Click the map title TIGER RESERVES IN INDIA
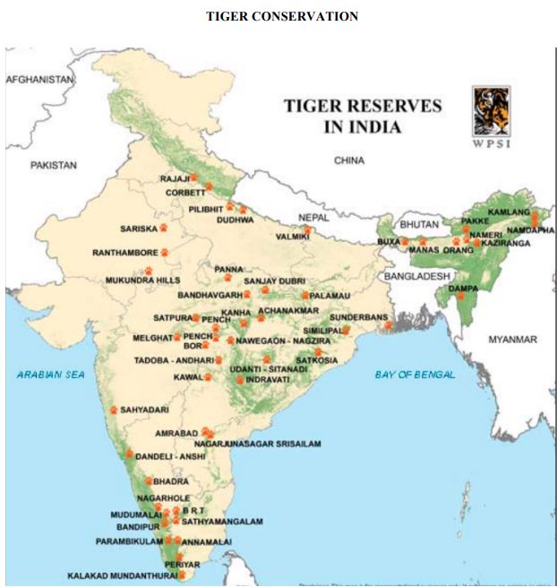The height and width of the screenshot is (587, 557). pyautogui.click(x=363, y=116)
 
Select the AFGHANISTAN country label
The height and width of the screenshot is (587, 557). pyautogui.click(x=40, y=80)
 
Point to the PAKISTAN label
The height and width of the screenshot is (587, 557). pyautogui.click(x=53, y=165)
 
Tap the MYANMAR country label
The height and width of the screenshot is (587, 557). pyautogui.click(x=512, y=340)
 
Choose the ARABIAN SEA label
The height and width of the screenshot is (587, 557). pyautogui.click(x=51, y=374)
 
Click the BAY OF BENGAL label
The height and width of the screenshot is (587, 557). pyautogui.click(x=415, y=374)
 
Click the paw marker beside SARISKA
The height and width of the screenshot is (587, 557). pyautogui.click(x=163, y=228)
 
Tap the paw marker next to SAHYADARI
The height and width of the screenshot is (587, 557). pyautogui.click(x=113, y=409)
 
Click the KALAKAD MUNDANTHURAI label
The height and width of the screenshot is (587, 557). pyautogui.click(x=122, y=576)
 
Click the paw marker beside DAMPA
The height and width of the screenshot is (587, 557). pyautogui.click(x=461, y=296)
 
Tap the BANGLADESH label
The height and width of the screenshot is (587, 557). pyautogui.click(x=416, y=277)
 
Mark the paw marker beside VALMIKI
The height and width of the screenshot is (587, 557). pyautogui.click(x=307, y=229)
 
